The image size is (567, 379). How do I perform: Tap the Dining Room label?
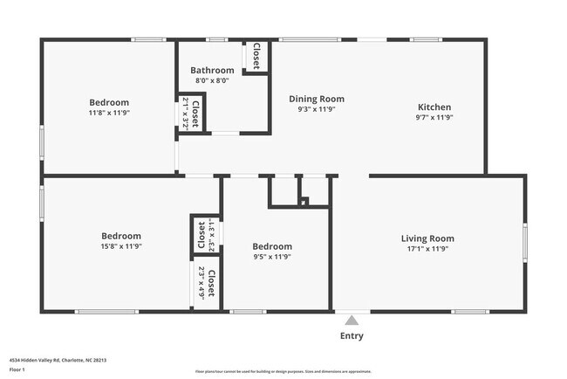click(x=317, y=99)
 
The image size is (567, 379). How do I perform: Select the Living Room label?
click(x=427, y=238)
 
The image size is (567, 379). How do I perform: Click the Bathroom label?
click(x=212, y=70)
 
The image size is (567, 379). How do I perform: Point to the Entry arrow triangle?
click(x=352, y=320)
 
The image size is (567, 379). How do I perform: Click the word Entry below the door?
click(x=352, y=336)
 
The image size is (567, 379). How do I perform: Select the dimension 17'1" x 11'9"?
click(x=427, y=248)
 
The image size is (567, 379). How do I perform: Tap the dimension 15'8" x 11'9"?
click(x=121, y=246)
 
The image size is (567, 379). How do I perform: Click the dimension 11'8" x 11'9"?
click(x=108, y=113)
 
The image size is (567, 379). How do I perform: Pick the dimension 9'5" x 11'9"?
click(x=272, y=257)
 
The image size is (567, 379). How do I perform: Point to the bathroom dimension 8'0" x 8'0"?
click(x=212, y=80)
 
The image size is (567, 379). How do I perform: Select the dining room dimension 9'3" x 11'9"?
click(x=317, y=109)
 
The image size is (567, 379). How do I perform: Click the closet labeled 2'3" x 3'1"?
click(x=206, y=234)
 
